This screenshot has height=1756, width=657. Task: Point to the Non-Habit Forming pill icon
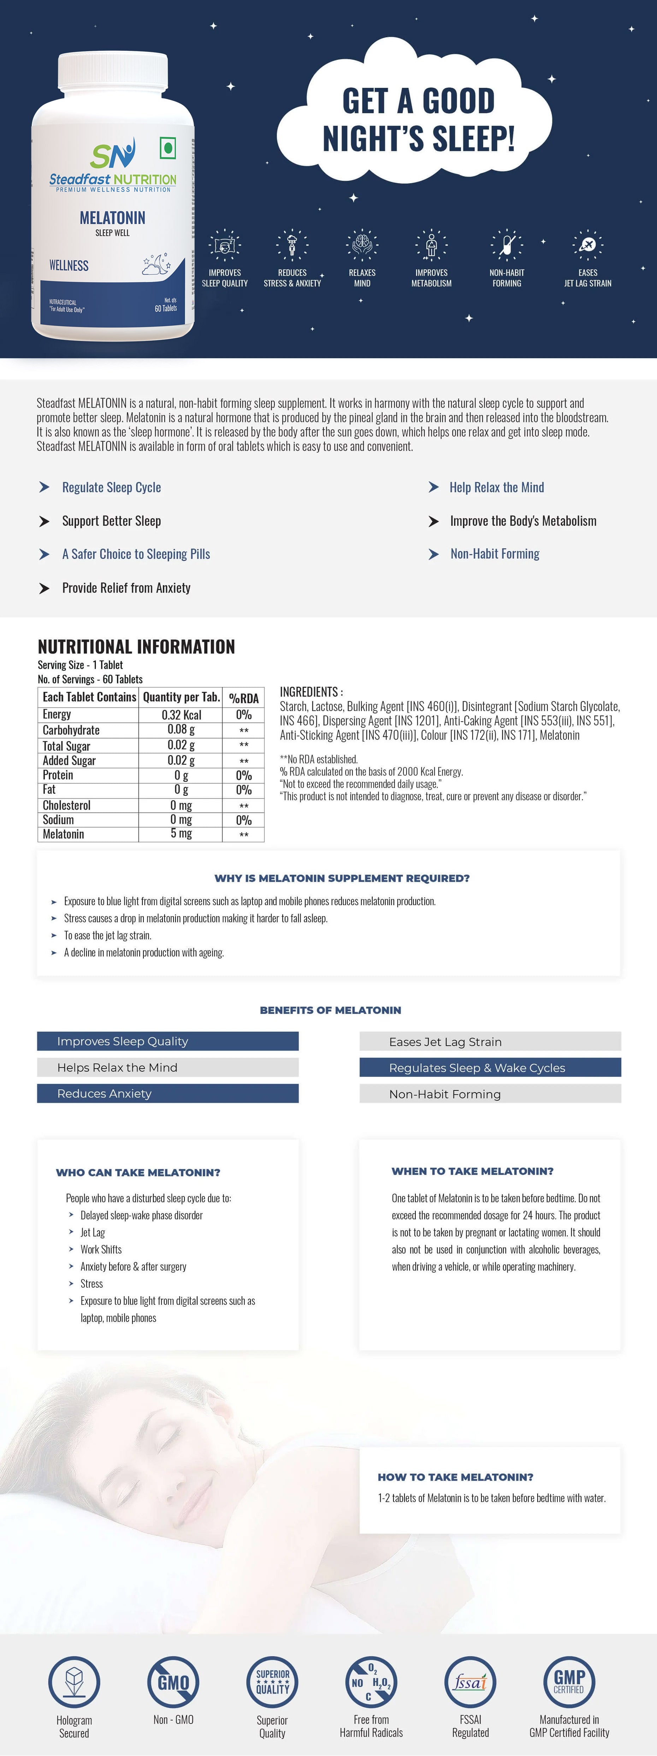click(x=507, y=245)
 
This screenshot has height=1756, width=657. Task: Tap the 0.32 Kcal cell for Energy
click(x=181, y=714)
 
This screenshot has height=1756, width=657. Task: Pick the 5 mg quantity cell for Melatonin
click(x=181, y=833)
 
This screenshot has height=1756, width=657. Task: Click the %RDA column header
click(x=244, y=697)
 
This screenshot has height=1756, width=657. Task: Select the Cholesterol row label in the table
click(x=67, y=805)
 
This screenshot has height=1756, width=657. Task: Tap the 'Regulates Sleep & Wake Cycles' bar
click(x=490, y=1068)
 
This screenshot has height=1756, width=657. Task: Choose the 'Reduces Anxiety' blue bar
click(x=168, y=1093)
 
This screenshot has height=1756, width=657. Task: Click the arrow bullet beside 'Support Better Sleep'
click(x=45, y=522)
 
